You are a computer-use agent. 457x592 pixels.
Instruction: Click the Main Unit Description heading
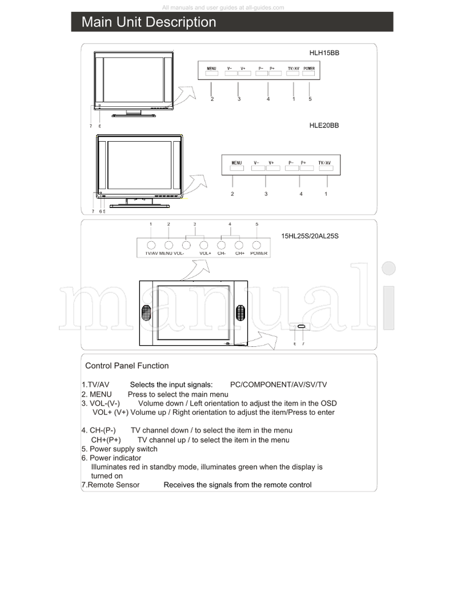tap(149, 22)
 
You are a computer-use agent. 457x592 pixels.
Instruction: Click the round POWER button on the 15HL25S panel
tap(258, 244)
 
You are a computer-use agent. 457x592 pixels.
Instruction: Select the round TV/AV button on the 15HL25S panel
tap(151, 244)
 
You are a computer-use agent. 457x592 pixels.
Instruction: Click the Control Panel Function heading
tap(127, 366)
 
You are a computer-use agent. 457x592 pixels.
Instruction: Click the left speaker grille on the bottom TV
tap(146, 313)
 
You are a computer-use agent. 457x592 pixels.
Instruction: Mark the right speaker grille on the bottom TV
tap(240, 313)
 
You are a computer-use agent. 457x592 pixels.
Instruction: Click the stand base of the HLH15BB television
tap(134, 115)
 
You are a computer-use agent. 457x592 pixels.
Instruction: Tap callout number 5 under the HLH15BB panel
tap(310, 99)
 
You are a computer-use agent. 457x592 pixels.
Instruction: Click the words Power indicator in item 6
tap(115, 458)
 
